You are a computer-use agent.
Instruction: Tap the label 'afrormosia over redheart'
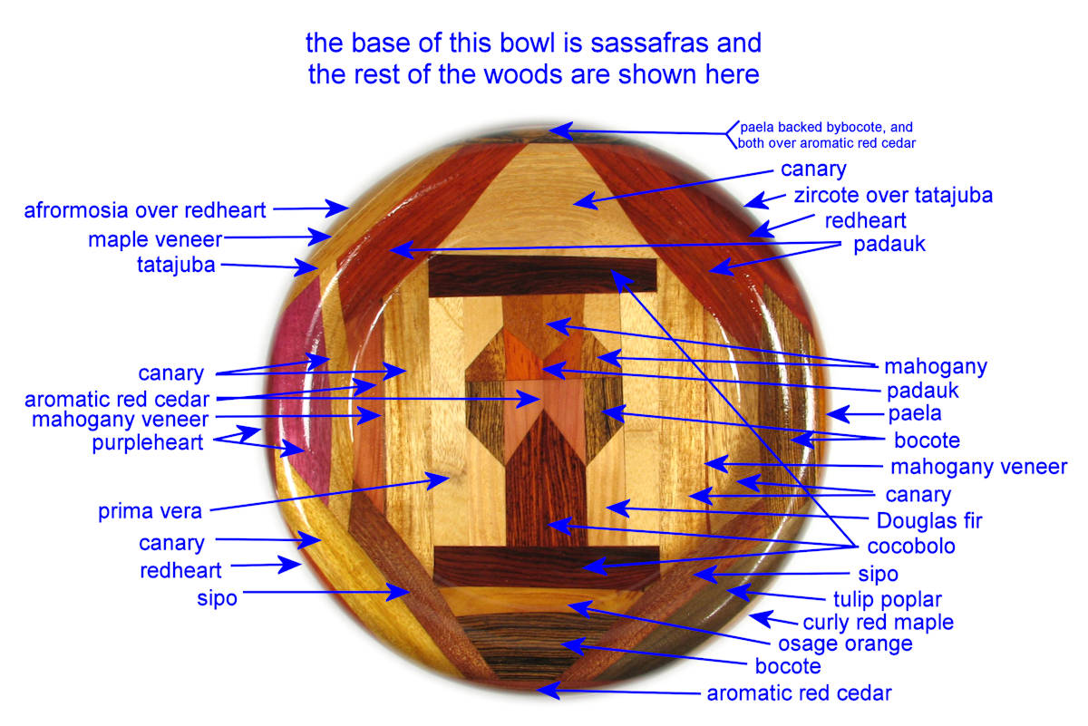(x=145, y=210)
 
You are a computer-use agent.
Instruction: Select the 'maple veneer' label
(x=155, y=240)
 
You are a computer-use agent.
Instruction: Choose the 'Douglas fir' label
(x=929, y=521)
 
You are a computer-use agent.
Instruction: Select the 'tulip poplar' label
(x=888, y=599)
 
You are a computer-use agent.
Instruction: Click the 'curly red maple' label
(x=878, y=623)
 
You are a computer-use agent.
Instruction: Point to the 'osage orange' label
(x=845, y=644)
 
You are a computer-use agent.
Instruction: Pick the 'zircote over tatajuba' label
(x=893, y=195)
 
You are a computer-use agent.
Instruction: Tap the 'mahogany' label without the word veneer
(x=935, y=367)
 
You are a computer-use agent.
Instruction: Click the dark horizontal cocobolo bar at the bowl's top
(x=542, y=277)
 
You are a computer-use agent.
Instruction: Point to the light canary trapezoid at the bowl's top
(x=544, y=199)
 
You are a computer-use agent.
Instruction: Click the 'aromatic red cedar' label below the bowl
(x=799, y=693)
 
